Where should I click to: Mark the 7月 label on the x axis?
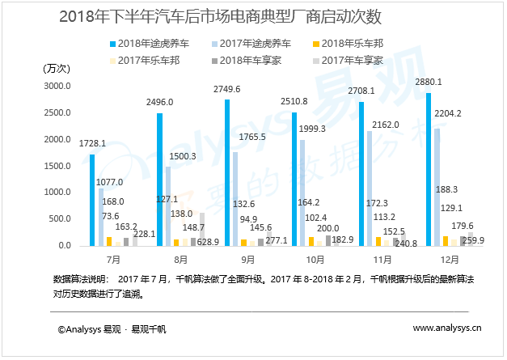114,260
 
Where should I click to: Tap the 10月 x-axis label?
316,260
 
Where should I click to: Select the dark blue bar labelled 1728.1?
92,200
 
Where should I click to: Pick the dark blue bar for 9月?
227,172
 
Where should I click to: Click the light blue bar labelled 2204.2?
437,187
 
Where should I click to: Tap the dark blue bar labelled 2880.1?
429,169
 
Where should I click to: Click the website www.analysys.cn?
447,328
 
